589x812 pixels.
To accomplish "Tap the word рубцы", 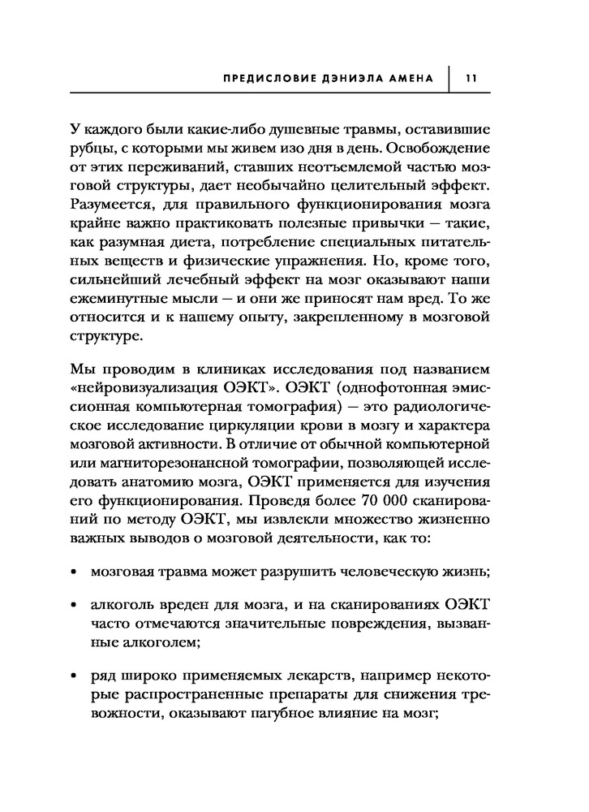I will [x=92, y=149].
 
